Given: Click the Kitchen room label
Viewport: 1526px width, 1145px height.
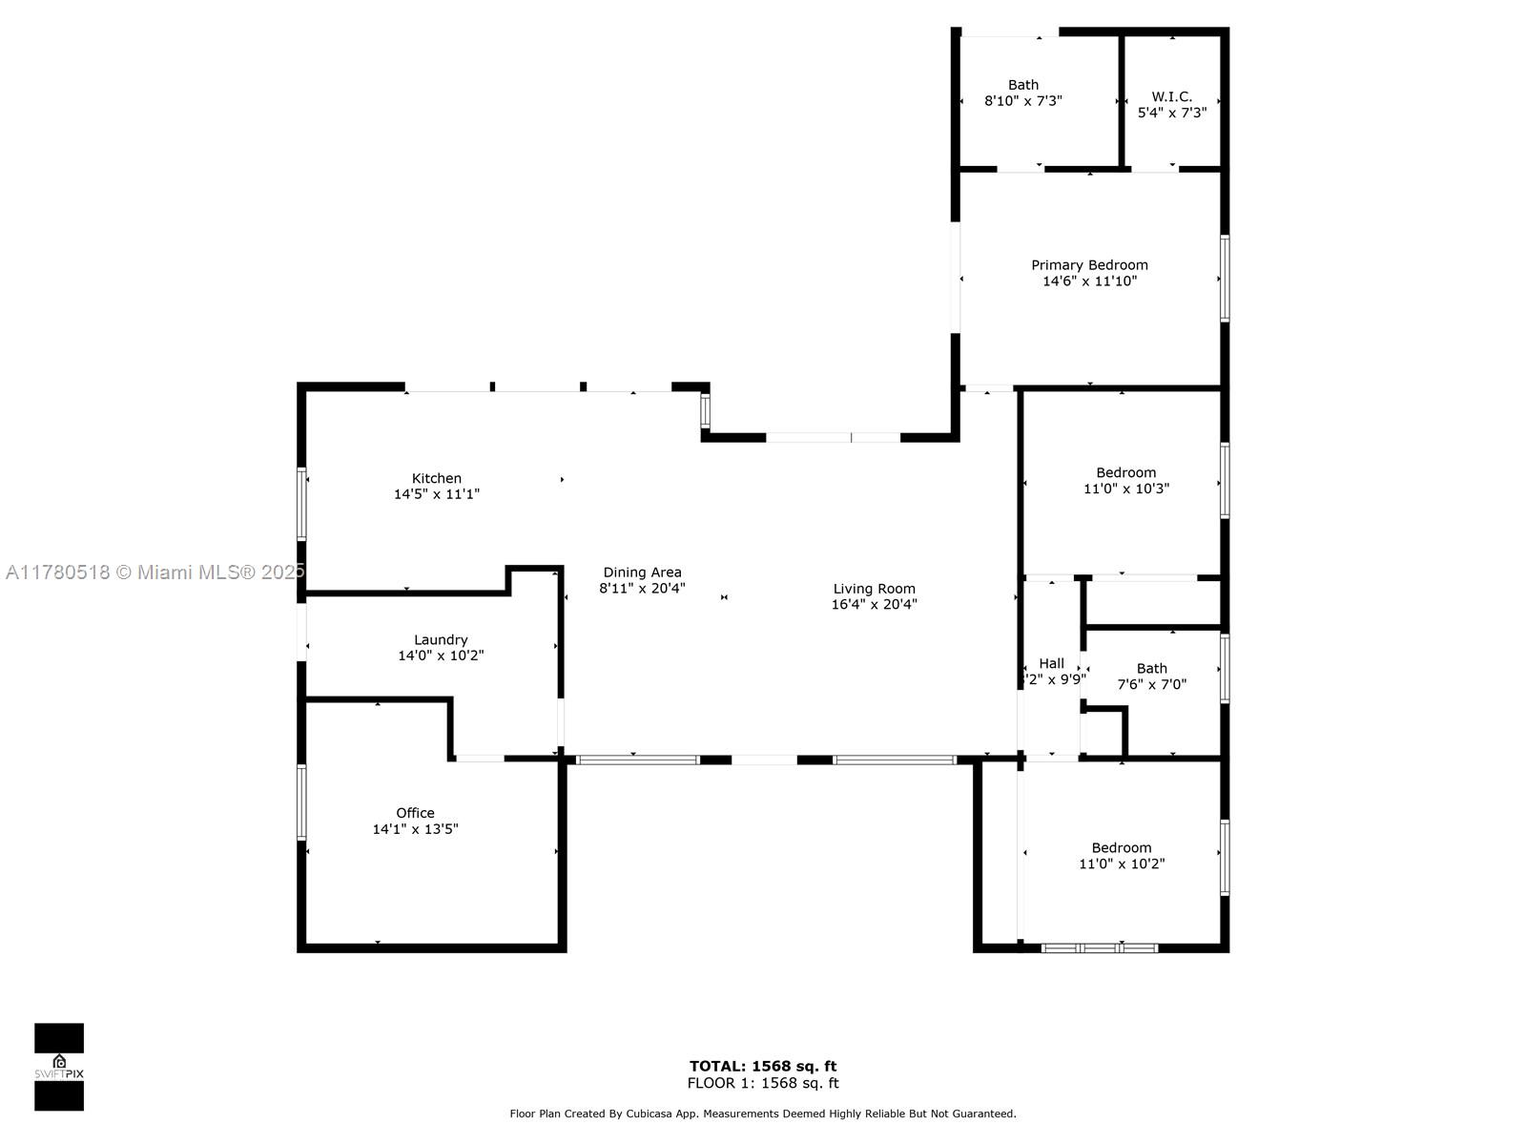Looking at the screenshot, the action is click(436, 478).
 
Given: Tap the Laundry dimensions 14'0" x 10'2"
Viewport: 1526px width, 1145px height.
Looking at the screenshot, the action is click(440, 656).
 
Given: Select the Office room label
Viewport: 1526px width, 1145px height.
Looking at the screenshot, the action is click(415, 813).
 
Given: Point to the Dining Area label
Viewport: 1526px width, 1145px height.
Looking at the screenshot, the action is click(642, 572).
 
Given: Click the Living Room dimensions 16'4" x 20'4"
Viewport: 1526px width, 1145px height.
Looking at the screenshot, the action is click(874, 604).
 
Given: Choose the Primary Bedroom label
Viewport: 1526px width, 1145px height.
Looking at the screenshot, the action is click(1089, 265).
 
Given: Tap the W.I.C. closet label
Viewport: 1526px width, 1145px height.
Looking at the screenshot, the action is click(1171, 96).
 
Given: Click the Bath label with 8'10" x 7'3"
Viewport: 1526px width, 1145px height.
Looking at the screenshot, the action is click(1023, 85).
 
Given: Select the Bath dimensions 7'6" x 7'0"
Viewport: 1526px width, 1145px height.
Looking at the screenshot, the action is click(1152, 684).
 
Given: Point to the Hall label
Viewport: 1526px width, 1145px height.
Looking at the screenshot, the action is click(1051, 663).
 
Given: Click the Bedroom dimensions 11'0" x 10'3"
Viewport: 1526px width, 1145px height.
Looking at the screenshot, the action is click(1126, 489).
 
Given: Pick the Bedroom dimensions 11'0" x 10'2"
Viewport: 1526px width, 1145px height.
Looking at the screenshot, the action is click(1122, 864).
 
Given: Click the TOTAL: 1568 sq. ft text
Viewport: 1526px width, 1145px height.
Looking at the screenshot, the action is click(763, 1066).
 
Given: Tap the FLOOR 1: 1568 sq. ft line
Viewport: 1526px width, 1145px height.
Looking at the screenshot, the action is click(763, 1083).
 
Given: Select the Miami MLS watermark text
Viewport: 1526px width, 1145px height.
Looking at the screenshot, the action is click(155, 572).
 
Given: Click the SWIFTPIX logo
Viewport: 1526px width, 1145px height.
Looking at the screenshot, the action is click(59, 1067).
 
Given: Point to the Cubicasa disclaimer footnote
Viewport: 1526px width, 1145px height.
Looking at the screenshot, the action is click(763, 1114).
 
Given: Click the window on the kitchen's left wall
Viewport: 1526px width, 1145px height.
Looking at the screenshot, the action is click(301, 504).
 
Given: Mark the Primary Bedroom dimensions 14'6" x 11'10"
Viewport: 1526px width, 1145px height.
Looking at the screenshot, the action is click(1089, 281).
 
